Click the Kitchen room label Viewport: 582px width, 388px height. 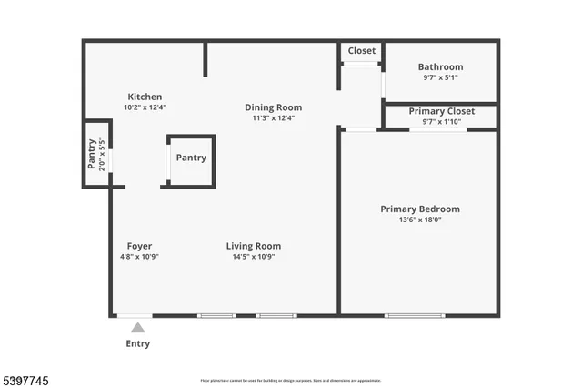pyautogui.click(x=145, y=97)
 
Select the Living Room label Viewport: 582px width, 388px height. pyautogui.click(x=254, y=246)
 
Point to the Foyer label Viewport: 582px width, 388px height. pyautogui.click(x=139, y=246)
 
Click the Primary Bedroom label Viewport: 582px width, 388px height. pyautogui.click(x=419, y=209)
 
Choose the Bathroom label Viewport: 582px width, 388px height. pyautogui.click(x=440, y=66)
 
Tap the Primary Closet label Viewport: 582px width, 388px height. pyautogui.click(x=439, y=111)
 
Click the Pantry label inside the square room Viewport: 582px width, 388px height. pyautogui.click(x=191, y=158)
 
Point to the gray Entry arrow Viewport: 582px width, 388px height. pyautogui.click(x=137, y=328)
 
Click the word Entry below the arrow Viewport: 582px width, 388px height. pyautogui.click(x=137, y=344)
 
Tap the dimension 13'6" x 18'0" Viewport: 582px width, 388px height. pyautogui.click(x=419, y=220)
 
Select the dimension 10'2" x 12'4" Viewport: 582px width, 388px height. pyautogui.click(x=145, y=107)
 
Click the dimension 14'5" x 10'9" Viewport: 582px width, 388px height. pyautogui.click(x=254, y=257)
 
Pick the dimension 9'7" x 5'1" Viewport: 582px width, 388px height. pyautogui.click(x=440, y=77)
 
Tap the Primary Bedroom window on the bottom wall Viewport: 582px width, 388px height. pyautogui.click(x=415, y=316)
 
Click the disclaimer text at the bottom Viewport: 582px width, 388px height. pyautogui.click(x=290, y=381)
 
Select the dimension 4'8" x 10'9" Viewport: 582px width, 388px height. pyautogui.click(x=139, y=257)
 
